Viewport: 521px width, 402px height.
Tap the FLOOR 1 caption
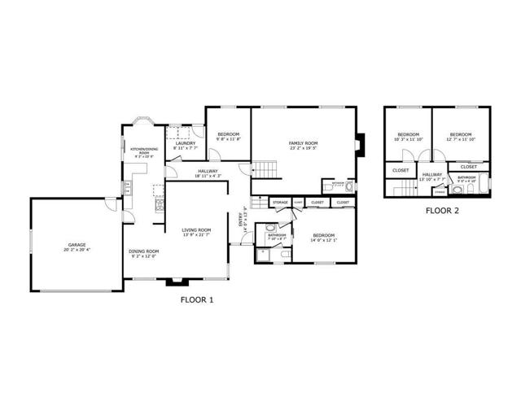[x=195, y=299]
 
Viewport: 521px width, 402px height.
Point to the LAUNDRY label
[x=184, y=143]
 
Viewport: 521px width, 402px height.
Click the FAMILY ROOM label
[x=304, y=143]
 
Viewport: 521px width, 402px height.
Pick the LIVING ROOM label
[x=196, y=230]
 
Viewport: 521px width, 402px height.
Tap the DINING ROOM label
[x=143, y=251]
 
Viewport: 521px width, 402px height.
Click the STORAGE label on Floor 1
[x=280, y=202]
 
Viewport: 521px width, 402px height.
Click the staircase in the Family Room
[x=265, y=170]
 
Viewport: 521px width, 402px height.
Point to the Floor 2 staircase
[x=402, y=189]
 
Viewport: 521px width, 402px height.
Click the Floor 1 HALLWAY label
[x=208, y=171]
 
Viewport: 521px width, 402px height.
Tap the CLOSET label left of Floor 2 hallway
[x=401, y=170]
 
